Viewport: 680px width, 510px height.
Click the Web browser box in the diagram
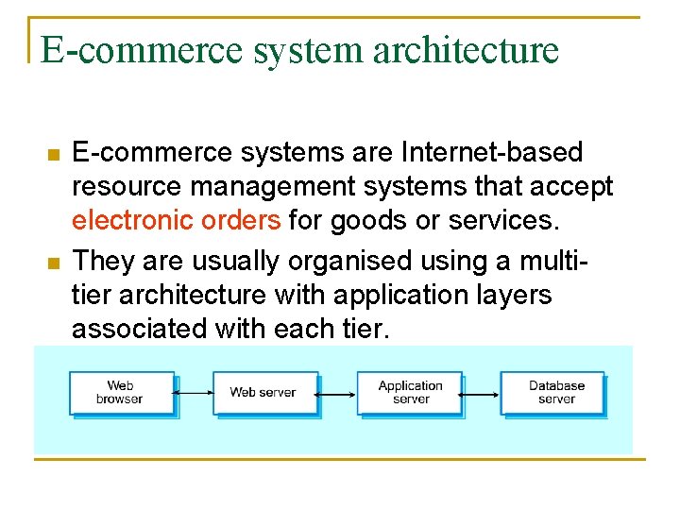point(120,392)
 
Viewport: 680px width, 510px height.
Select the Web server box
point(263,392)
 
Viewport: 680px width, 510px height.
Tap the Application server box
point(410,392)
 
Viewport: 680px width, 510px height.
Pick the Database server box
point(555,392)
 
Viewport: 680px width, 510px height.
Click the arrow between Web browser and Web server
point(194,393)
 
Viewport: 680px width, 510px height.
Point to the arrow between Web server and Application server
point(337,393)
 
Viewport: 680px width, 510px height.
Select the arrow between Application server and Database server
point(482,393)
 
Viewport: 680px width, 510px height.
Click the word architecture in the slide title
point(466,50)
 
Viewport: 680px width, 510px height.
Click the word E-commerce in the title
point(142,50)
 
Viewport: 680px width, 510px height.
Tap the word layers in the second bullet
point(506,295)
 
